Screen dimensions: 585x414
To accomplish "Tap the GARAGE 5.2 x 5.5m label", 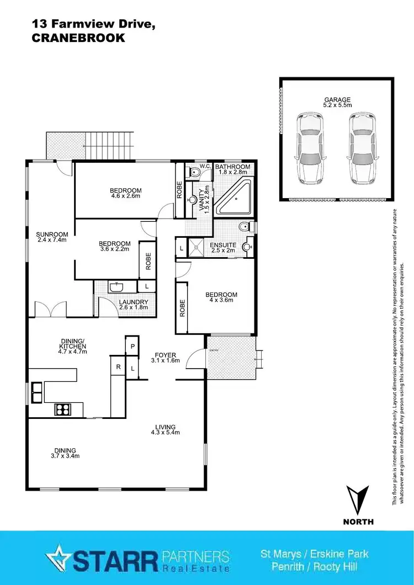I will click(x=337, y=103).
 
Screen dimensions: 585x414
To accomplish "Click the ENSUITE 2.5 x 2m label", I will click(x=224, y=248).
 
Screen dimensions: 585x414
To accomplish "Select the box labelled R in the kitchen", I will click(x=118, y=365).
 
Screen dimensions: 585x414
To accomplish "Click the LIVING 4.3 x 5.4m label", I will click(x=165, y=429).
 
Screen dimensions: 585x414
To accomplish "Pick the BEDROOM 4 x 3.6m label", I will click(x=221, y=297).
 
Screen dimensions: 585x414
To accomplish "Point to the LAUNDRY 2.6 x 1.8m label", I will click(x=133, y=305).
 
